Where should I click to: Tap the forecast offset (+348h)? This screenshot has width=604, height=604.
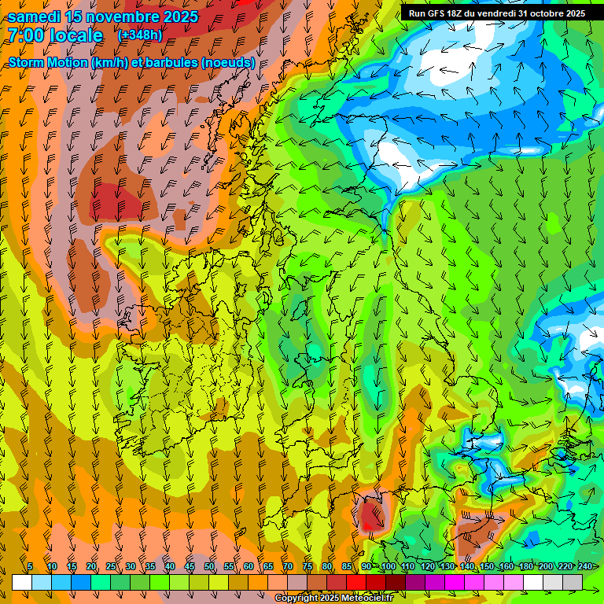(142, 35)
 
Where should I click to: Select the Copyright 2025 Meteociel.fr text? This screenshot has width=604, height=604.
(333, 598)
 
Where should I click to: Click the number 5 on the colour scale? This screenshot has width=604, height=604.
(29, 566)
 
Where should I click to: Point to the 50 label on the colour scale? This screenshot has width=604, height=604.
(209, 566)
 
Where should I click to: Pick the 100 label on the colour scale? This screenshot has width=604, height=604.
(388, 566)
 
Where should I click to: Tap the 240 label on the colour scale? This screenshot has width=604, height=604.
(585, 566)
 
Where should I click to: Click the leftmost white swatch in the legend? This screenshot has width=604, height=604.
(22, 582)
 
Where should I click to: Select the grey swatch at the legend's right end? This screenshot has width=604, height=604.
(573, 582)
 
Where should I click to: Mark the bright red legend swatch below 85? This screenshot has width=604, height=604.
(356, 582)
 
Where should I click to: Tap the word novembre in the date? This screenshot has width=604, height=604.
(121, 17)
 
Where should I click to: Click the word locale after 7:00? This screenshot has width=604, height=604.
(76, 35)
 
